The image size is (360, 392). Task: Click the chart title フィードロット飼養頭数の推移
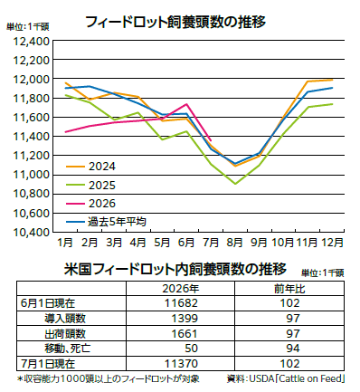(x=175, y=22)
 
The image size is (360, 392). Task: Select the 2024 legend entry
(x=90, y=167)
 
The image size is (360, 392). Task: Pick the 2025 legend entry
(x=90, y=185)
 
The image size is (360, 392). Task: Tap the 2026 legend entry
(x=90, y=204)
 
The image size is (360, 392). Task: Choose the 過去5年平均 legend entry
(x=106, y=222)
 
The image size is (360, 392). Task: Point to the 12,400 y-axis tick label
(x=31, y=41)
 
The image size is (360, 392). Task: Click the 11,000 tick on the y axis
(x=31, y=175)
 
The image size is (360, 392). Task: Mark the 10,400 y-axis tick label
(x=31, y=232)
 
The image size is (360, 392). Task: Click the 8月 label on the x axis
(x=235, y=243)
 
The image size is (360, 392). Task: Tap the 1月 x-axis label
(x=65, y=243)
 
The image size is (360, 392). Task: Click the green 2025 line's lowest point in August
(x=235, y=184)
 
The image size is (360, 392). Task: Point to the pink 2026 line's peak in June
(x=186, y=104)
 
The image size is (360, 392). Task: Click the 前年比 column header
(x=289, y=289)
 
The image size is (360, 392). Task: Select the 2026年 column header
(x=181, y=289)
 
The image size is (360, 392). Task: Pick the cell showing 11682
(x=181, y=303)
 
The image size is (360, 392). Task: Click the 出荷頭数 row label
(x=65, y=333)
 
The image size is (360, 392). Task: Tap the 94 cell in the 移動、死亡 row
(x=293, y=349)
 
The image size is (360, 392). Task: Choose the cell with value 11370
(x=181, y=364)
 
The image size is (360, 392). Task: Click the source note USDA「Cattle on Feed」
(x=297, y=378)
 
